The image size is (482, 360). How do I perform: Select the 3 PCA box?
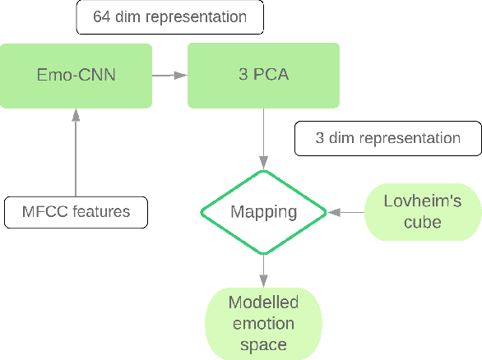click(262, 76)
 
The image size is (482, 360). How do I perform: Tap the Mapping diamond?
click(263, 212)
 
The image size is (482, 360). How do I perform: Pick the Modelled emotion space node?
click(262, 323)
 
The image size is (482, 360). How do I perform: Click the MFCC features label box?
click(76, 211)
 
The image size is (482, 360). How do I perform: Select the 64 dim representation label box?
click(169, 16)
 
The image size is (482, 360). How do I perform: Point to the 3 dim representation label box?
click(387, 137)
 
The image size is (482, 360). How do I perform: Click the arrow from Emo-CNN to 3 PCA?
click(169, 76)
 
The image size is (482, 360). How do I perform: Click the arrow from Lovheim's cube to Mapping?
click(346, 212)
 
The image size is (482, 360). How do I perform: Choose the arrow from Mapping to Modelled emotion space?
click(263, 270)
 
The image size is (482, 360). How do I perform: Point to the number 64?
click(106, 16)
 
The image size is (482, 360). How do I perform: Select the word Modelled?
click(262, 302)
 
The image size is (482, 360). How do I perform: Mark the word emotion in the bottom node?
click(262, 323)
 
